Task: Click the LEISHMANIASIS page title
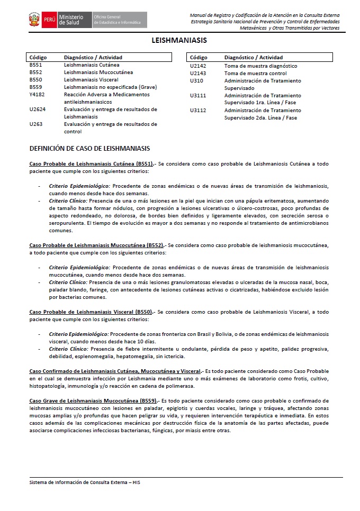coord(179,40)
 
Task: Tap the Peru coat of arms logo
coord(34,20)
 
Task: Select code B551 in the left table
coord(36,65)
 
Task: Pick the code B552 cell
coord(36,72)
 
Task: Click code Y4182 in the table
coord(38,95)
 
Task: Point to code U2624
coord(38,109)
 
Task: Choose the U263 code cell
coord(36,124)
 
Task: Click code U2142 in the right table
coord(198,66)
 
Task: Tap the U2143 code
coord(198,74)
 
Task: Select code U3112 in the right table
coord(198,111)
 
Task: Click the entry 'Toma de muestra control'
coord(255,74)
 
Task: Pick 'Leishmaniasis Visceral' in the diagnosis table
coord(91,80)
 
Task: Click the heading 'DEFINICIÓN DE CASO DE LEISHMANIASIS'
coord(89,149)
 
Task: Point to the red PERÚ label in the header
coord(49,20)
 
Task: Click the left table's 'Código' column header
coord(38,57)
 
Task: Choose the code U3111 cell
coord(198,96)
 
